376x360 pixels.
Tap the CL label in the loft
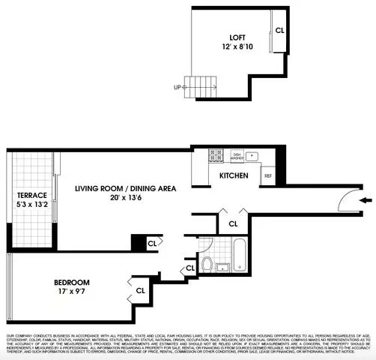click(x=279, y=31)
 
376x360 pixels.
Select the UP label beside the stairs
click(x=178, y=87)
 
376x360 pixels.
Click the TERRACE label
click(x=32, y=195)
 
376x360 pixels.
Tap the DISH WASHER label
click(x=237, y=156)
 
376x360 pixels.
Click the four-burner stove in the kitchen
click(x=216, y=156)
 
